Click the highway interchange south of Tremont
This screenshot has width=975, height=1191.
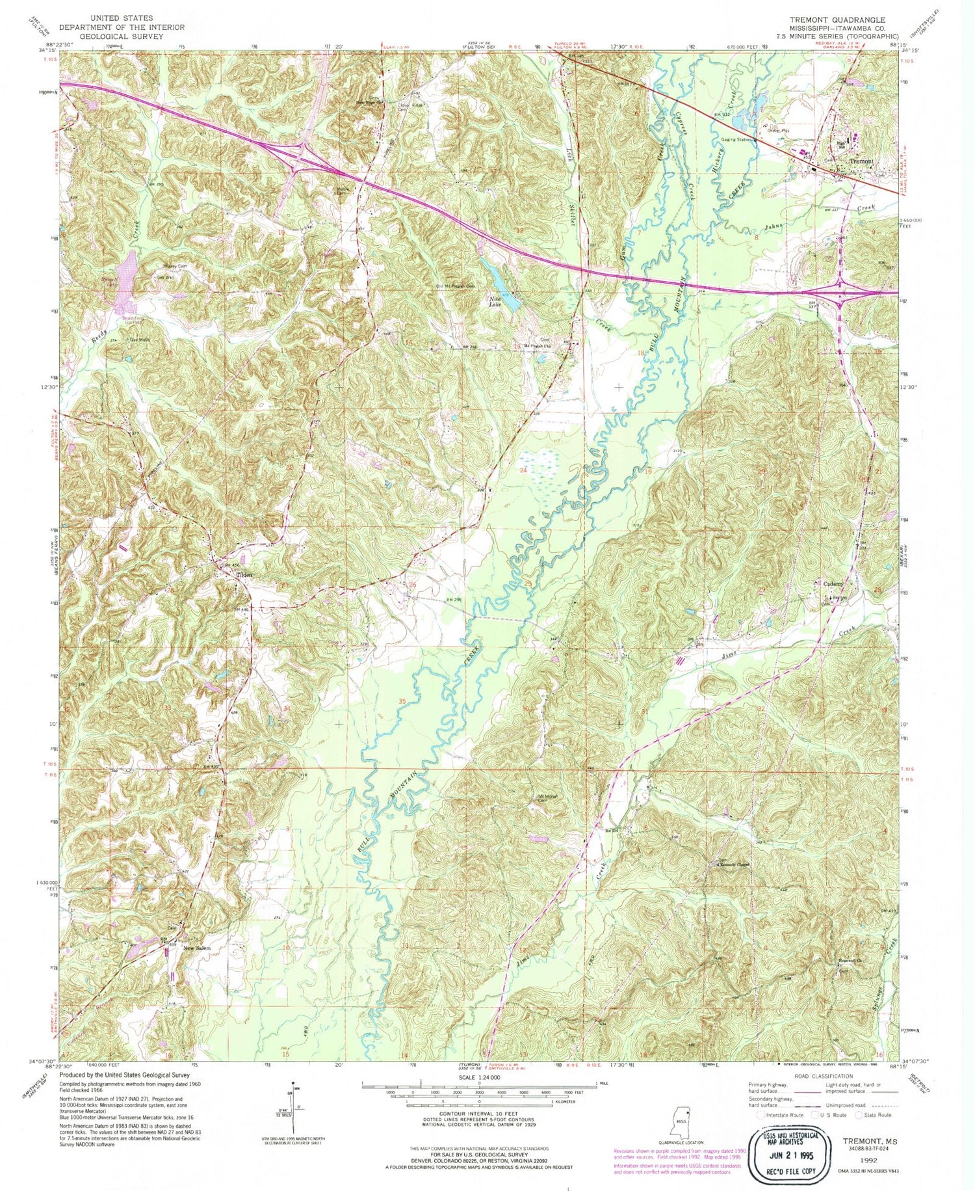tap(840, 293)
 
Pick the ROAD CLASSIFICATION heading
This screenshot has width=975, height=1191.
tap(803, 1077)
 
